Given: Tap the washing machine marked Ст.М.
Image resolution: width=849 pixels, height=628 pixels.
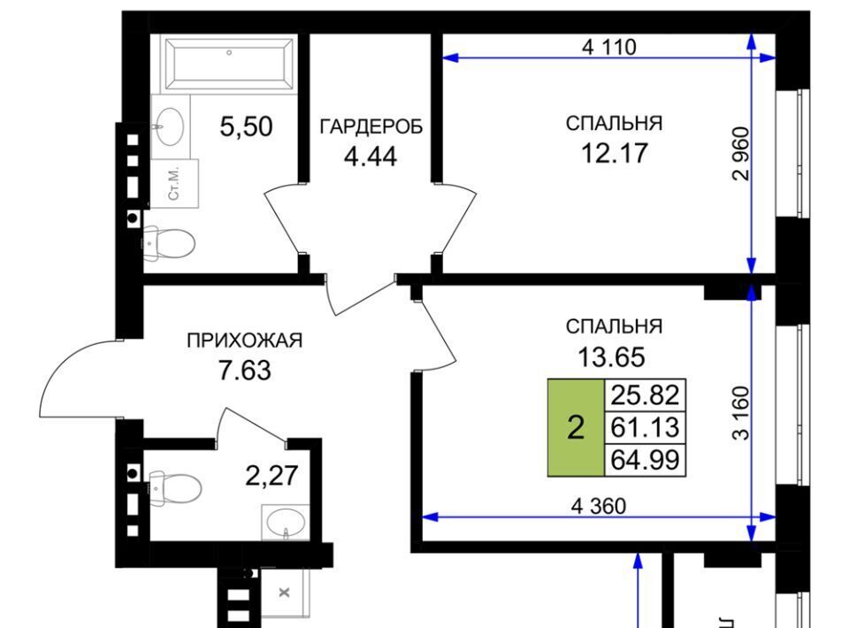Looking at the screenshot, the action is (x=174, y=183).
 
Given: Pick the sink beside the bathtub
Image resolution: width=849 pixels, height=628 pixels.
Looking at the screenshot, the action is (x=170, y=126).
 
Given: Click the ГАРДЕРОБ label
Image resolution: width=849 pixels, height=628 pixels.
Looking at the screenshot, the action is (x=371, y=126).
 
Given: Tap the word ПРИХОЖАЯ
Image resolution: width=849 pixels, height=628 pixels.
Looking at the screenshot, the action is (x=244, y=341).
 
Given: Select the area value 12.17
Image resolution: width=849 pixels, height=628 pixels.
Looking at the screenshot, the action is (x=614, y=153).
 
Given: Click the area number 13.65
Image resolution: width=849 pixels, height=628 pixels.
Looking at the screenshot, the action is (x=612, y=357).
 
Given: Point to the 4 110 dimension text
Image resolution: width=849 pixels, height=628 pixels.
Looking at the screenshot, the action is (x=609, y=47).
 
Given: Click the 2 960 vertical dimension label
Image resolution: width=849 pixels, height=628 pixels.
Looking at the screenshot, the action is (x=740, y=154).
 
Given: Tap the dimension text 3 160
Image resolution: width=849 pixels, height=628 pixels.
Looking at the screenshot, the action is (x=741, y=412).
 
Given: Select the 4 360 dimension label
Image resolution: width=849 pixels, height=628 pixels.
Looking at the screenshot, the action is (x=599, y=506).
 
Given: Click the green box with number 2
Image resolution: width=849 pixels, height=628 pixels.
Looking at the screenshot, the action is (x=576, y=428).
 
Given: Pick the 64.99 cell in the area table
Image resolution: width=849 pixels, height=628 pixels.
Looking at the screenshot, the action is (x=645, y=460).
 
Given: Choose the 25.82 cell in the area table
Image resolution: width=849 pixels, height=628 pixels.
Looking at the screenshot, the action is (x=645, y=395).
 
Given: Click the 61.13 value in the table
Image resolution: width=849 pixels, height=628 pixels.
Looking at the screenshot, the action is (x=645, y=428).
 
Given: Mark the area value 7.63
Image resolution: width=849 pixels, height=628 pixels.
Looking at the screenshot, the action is (x=244, y=371).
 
